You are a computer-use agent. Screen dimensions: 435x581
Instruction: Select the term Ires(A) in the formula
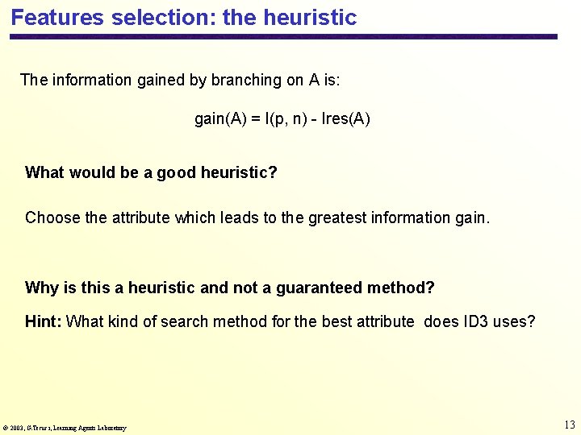pos(345,119)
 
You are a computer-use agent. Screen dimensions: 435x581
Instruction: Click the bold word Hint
pos(42,322)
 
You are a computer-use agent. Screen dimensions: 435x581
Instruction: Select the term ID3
pos(475,322)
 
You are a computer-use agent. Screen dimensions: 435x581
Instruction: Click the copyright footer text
pos(65,428)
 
